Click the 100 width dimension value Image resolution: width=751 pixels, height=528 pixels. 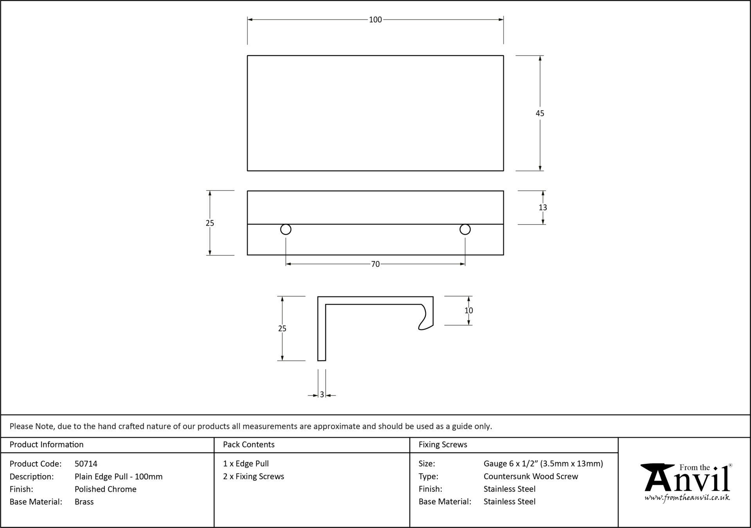pos(375,20)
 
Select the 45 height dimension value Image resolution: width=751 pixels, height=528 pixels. pos(540,113)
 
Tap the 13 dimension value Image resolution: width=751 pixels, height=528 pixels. pos(543,208)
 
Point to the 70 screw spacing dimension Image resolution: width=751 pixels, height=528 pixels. pos(375,264)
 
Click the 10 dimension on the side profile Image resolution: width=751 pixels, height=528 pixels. pos(469,311)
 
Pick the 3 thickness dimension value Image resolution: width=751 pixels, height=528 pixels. pos(322,395)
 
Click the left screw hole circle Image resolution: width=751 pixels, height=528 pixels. pos(286,230)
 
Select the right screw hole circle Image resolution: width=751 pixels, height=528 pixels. pos(465,230)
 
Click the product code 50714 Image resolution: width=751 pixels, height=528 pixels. pos(86,464)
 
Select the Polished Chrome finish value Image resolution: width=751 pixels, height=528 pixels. pos(106,489)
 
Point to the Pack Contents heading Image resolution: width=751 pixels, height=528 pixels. pos(249,445)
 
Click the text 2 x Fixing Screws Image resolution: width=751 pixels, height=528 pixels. pos(253,476)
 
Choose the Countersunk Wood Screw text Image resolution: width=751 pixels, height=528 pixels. pos(531,476)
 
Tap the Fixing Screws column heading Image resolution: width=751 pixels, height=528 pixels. pos(443,445)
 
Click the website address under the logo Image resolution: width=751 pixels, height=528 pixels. pos(687,498)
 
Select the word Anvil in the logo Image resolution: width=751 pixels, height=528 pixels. pos(688,479)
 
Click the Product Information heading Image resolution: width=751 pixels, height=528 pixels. pos(47,445)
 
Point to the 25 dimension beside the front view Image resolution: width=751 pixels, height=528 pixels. pos(210,223)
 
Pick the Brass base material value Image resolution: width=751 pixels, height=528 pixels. pos(84,502)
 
